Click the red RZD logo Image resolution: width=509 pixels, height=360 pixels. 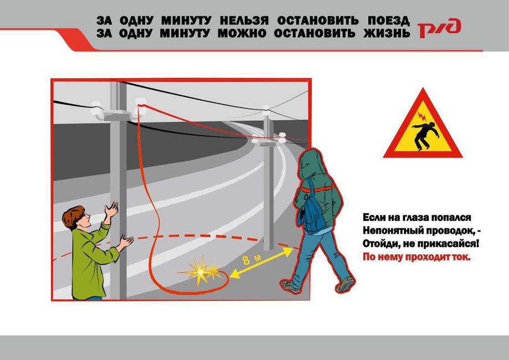pos(439,28)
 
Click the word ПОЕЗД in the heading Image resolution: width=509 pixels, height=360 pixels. pos(389,21)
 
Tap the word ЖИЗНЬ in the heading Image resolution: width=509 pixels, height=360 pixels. pos(387,33)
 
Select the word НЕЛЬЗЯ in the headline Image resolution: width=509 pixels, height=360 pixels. pos(244,21)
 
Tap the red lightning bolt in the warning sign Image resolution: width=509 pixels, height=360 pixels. pos(421,116)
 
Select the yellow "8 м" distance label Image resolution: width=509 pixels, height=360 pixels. pos(251,259)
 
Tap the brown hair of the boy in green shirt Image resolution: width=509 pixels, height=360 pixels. pos(73,215)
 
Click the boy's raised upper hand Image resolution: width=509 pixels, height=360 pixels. pos(111,209)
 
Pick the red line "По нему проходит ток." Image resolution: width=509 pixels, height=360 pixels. pos(416,257)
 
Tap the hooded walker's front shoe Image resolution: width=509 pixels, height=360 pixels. pos(291,286)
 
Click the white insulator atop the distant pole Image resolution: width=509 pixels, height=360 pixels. pos(266,108)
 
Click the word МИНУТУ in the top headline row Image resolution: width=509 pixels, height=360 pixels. pos(186,21)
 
